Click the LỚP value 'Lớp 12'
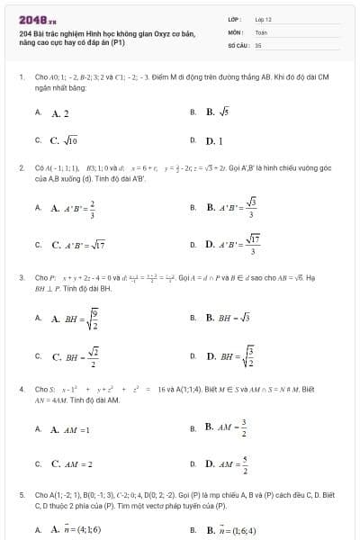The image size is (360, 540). tap(263, 18)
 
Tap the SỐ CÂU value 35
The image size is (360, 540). tap(258, 43)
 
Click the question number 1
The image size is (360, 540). tap(21, 77)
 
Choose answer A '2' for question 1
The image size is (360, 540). tap(60, 113)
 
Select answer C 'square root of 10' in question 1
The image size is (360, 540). tap(66, 140)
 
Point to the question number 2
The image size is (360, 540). tap(21, 167)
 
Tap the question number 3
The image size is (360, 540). tap(21, 278)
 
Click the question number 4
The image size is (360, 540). tap(21, 389)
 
